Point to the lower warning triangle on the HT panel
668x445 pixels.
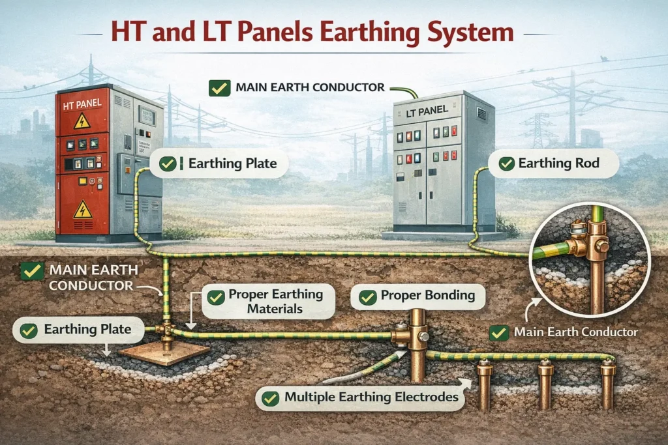point(82,209)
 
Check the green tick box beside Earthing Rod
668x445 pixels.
point(506,164)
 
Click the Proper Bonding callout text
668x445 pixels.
point(427,296)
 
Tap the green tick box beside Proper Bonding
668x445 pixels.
point(367,297)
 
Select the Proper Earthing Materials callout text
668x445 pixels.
point(275,301)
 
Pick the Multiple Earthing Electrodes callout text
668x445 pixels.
point(371,396)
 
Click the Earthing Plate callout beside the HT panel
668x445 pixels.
point(228,164)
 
